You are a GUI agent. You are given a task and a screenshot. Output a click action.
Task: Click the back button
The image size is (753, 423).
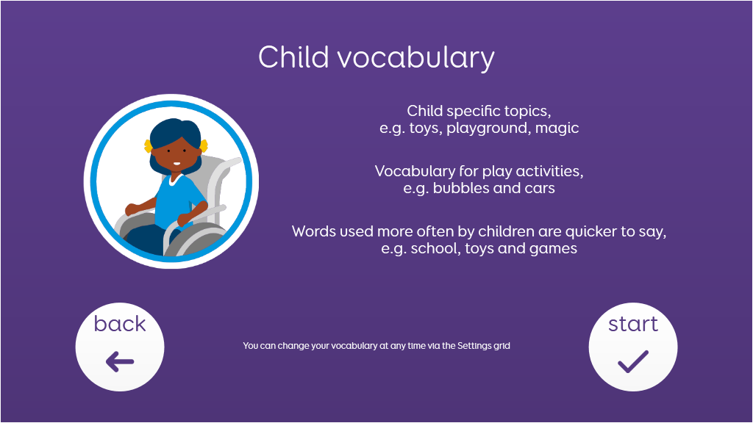coord(120,347)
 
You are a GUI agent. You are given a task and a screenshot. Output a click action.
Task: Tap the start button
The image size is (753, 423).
coord(633,347)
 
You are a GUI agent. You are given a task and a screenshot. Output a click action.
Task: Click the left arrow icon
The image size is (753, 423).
coord(120,361)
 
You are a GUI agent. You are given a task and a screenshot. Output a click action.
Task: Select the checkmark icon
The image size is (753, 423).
coord(633,361)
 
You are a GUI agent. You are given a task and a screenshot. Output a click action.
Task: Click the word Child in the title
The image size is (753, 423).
coord(293,57)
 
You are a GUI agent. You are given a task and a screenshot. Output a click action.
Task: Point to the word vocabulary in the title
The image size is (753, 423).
coord(416,59)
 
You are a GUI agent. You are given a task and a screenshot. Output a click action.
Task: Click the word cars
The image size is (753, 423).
coord(540,189)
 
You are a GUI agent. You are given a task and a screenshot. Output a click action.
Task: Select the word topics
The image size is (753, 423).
coord(527,112)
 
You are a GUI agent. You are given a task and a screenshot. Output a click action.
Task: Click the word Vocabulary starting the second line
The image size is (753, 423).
coord(408,172)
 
